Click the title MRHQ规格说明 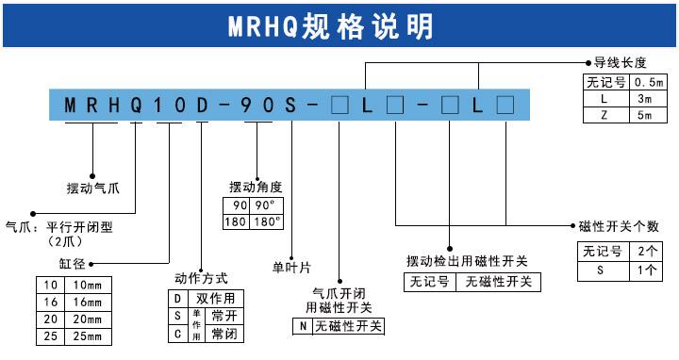tap(339, 25)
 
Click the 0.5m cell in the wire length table tap(650, 82)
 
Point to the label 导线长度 tap(620, 63)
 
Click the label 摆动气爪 tap(93, 188)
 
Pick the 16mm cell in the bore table tap(87, 302)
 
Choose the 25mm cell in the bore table tap(87, 335)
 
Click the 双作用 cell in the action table tap(218, 297)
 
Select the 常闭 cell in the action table tap(224, 334)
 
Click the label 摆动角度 tap(256, 187)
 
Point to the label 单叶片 tap(291, 267)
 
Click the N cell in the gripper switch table tap(302, 326)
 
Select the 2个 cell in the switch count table tap(646, 252)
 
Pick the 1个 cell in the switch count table tap(646, 270)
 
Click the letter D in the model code tap(201, 104)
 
